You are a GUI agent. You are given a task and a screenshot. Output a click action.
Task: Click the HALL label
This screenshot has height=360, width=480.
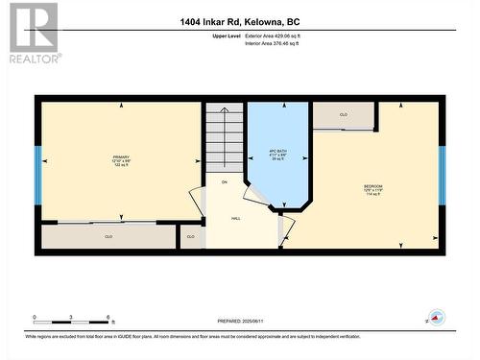[235, 219]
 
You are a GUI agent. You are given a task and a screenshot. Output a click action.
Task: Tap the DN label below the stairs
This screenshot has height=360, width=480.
[225, 182]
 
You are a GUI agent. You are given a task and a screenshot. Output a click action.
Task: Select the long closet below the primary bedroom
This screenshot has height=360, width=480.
[108, 235]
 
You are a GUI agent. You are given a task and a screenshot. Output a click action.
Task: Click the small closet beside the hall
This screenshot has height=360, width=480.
[191, 236]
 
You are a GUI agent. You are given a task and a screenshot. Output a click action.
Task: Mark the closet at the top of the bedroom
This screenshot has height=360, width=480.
[343, 115]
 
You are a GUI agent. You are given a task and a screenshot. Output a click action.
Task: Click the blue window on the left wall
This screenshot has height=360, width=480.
[38, 176]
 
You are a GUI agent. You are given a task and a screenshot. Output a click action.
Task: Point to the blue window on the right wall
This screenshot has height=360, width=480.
[443, 176]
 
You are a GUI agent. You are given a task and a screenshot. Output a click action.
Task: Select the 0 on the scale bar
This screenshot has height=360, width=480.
[35, 317]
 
